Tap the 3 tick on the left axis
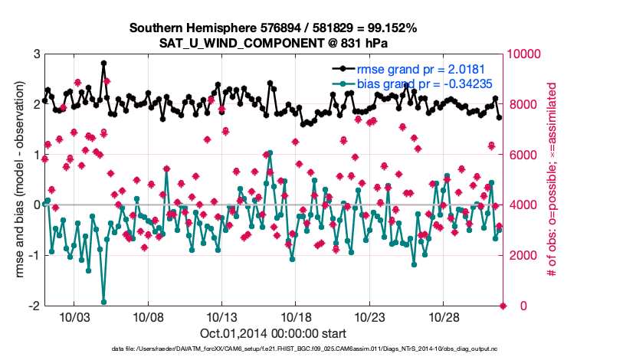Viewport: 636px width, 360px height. click(x=36, y=54)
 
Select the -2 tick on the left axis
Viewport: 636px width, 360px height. click(x=34, y=306)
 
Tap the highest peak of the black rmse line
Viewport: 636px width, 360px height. click(x=103, y=64)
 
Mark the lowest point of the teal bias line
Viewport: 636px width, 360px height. click(x=103, y=302)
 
